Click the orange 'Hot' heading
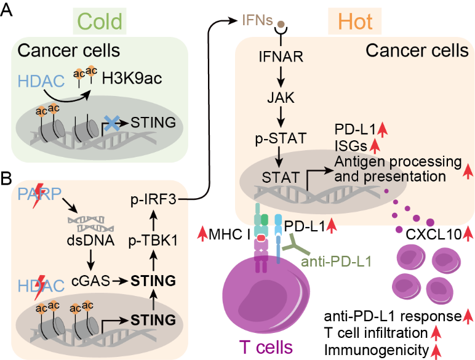[x=355, y=22]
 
